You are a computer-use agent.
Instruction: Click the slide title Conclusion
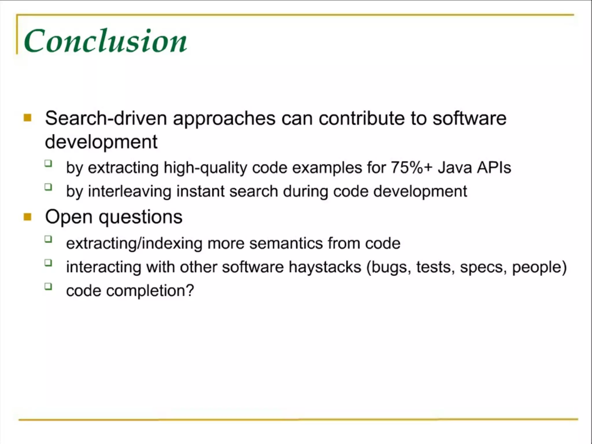[106, 41]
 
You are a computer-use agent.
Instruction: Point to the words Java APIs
[474, 167]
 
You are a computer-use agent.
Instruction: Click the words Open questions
[114, 217]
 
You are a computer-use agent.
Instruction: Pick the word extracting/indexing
[134, 243]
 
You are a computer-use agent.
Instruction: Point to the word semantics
[286, 243]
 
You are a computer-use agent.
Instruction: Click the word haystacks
[325, 267]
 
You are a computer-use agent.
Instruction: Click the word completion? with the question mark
[150, 291]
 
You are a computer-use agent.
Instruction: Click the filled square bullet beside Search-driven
[27, 118]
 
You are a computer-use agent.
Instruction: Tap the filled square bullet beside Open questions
[27, 217]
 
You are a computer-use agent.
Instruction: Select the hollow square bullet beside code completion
[48, 286]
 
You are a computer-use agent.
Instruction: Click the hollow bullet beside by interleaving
[48, 187]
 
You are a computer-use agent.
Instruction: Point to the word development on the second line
[101, 142]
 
